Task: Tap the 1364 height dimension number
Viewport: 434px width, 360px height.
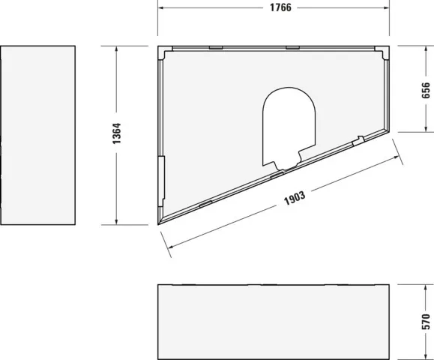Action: (x=127, y=134)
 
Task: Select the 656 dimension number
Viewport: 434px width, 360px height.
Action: (x=426, y=91)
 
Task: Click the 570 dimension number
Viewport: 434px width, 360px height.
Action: (x=426, y=322)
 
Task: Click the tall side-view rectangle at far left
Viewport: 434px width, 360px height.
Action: (x=38, y=135)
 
